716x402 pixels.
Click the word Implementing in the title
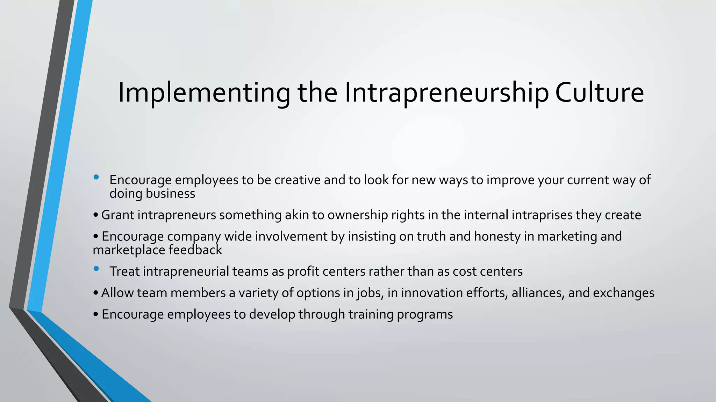click(204, 93)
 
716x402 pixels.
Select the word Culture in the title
click(599, 93)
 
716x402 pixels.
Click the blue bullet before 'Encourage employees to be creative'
click(96, 177)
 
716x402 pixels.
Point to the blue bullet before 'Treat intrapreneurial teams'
click(96, 269)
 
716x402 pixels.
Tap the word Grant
click(117, 215)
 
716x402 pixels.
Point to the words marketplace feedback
click(157, 250)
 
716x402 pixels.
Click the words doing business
click(152, 194)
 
